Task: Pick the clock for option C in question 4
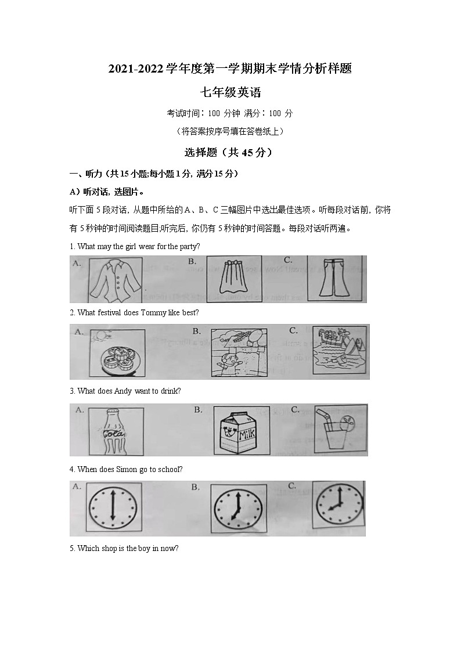click(x=338, y=504)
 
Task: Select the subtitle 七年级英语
click(x=230, y=92)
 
